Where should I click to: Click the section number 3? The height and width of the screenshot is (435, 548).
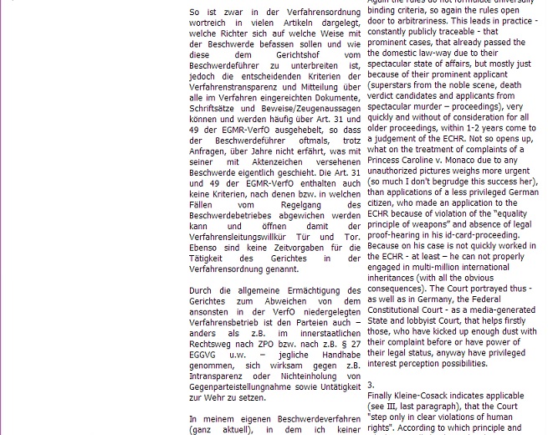click(x=371, y=384)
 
